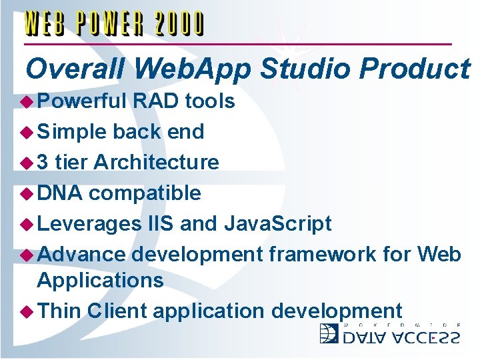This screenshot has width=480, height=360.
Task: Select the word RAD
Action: (x=156, y=101)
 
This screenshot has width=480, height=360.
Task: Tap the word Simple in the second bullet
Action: (x=72, y=132)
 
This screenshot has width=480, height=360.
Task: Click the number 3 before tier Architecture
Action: (x=43, y=162)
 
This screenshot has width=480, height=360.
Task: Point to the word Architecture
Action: (x=156, y=162)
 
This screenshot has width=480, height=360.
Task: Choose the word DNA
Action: (x=60, y=193)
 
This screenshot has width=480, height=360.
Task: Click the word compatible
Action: (x=145, y=193)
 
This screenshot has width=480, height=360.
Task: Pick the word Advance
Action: (x=81, y=254)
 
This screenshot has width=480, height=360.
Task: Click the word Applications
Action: (x=100, y=281)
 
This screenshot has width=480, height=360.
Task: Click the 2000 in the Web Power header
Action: (x=180, y=24)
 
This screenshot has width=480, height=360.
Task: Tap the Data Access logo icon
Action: (x=329, y=333)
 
